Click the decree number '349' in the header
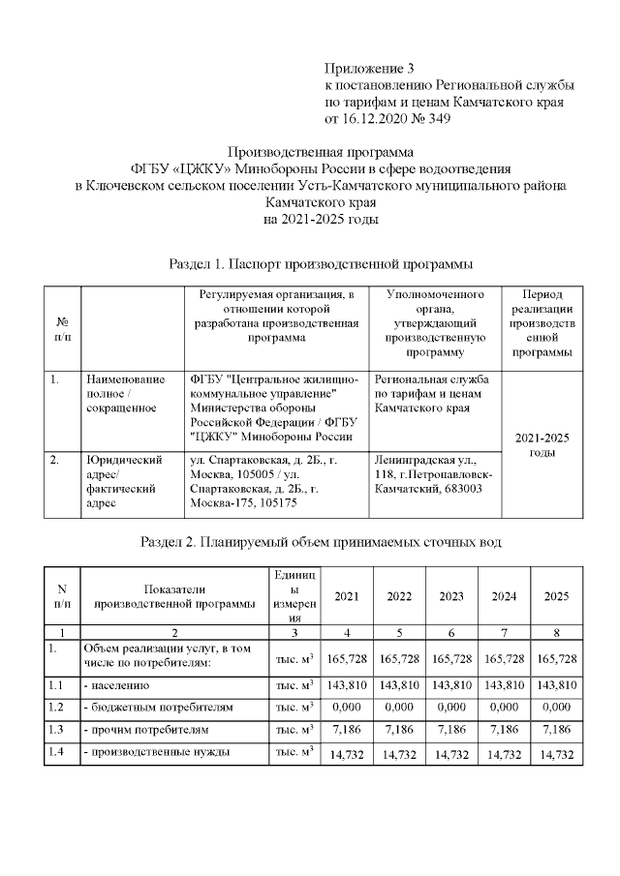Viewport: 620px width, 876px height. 436,119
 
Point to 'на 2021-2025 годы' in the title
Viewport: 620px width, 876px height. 321,220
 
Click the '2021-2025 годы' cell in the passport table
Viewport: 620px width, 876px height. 542,444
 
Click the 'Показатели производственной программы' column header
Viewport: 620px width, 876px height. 175,596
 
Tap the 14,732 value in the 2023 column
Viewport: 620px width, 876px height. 451,755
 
